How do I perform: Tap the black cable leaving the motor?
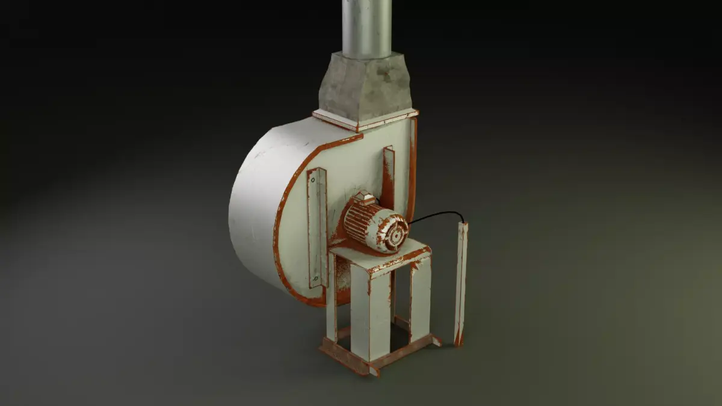[x=436, y=214]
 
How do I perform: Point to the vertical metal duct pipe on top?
[x=366, y=27]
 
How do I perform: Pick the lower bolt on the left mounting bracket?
[x=315, y=278]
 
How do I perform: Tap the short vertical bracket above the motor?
[x=389, y=174]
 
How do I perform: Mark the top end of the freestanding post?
[x=464, y=226]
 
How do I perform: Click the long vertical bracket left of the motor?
[x=317, y=229]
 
